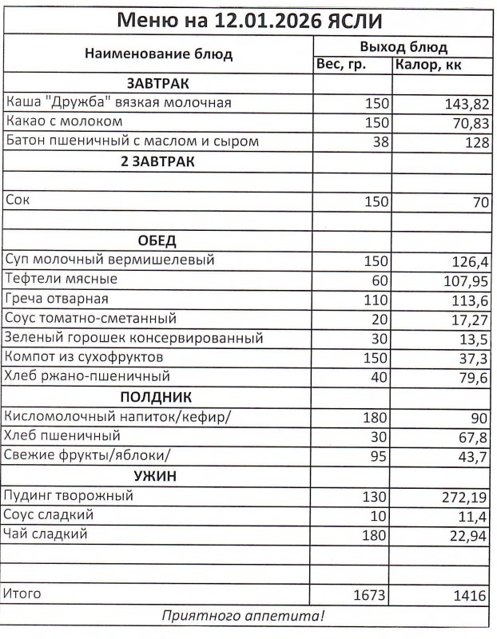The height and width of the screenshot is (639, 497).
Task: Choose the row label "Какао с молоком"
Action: point(65,122)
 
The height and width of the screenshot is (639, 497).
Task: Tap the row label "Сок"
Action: point(17,201)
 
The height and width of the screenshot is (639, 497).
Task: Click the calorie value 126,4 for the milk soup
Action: point(471,261)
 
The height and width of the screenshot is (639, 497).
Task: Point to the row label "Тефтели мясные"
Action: point(62,280)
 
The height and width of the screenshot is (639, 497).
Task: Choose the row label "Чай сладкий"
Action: point(46,534)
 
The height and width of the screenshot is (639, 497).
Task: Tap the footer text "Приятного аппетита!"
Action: point(245,617)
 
